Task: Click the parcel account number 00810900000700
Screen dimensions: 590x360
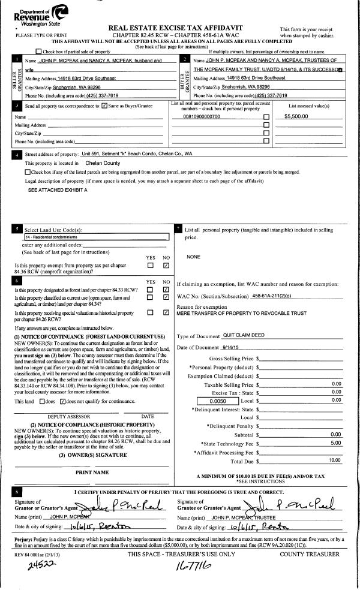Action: pyautogui.click(x=201, y=116)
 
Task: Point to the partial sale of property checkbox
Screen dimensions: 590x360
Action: pyautogui.click(x=39, y=53)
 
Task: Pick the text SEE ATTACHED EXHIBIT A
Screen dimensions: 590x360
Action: pyautogui.click(x=58, y=189)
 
